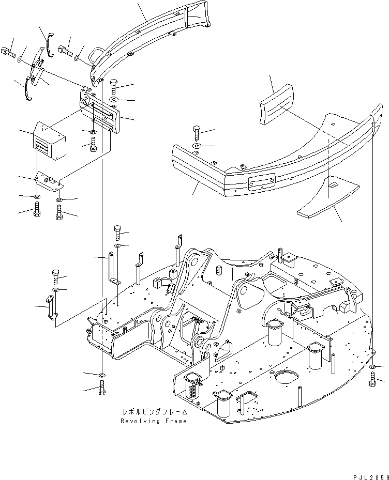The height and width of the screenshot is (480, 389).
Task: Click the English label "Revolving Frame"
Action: pyautogui.click(x=154, y=421)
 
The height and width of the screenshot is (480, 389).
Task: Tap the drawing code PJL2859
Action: pyautogui.click(x=365, y=473)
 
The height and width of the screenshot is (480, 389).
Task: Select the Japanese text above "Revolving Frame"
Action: pyautogui.click(x=154, y=413)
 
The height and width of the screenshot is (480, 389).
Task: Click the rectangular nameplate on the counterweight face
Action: pyautogui.click(x=261, y=182)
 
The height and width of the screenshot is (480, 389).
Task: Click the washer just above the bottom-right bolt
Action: pyautogui.click(x=373, y=366)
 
